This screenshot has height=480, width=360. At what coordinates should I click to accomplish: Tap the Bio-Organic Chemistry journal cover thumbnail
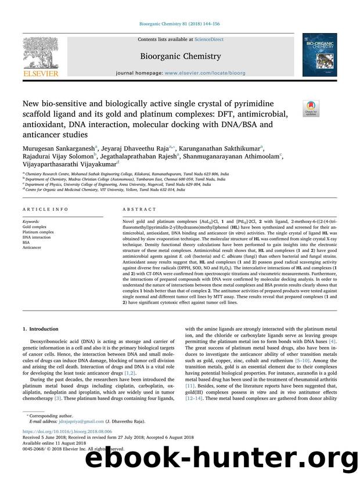pos(319,56)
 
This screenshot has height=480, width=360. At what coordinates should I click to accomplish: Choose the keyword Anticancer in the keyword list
pos(33,248)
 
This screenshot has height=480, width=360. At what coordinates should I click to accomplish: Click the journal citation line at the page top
pos(180,25)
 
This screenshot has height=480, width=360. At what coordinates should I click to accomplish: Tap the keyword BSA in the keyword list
pos(27,243)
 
